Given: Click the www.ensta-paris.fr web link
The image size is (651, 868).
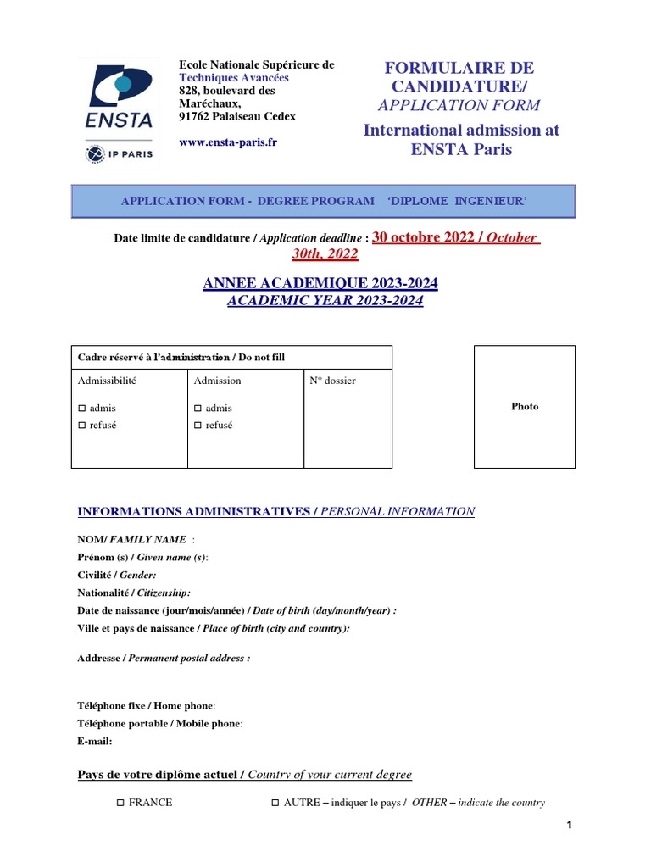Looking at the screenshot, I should pos(228,142).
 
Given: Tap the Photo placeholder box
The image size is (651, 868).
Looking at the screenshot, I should pos(525,406).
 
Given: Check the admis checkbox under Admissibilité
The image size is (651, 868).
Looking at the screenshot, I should pos(82,409).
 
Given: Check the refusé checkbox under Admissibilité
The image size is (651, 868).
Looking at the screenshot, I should pos(82,426).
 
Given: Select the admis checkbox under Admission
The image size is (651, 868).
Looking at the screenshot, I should pos(198,409).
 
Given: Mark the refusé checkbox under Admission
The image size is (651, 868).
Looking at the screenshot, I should pos(198,426).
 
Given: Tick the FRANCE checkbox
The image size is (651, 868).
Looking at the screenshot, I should pos(120,803).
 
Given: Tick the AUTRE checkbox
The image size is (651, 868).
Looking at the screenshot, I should pos(275,803).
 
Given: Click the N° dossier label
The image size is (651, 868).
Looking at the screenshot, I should pos(332,381).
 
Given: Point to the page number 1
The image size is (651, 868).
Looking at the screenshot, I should pos(570,825).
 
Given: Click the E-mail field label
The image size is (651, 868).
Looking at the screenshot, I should pos(94,741).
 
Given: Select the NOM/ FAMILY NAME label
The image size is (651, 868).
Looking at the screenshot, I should pos(132,539).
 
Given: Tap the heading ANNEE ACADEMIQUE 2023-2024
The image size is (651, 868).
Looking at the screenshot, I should pos(320,284).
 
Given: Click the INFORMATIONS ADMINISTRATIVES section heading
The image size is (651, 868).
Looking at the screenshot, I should pos(194,511).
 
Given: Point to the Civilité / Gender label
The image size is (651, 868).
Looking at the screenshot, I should pos(117,575).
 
